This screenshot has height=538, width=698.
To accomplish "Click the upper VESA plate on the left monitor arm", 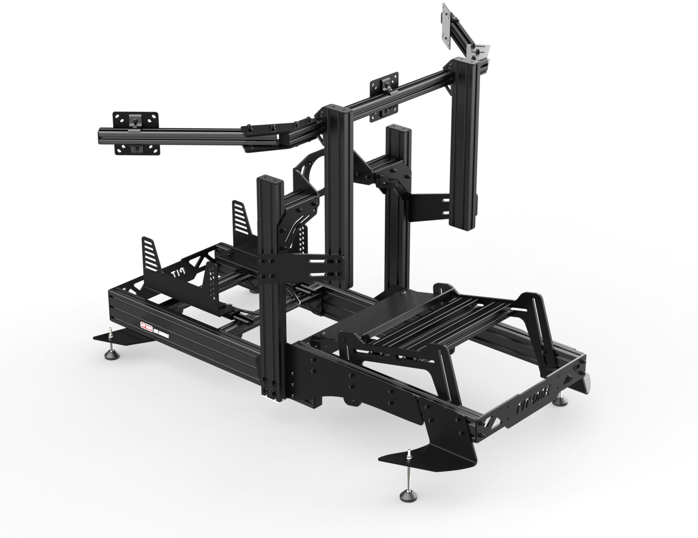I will (x=136, y=119).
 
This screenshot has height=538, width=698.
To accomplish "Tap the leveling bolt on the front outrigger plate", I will (x=409, y=454).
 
